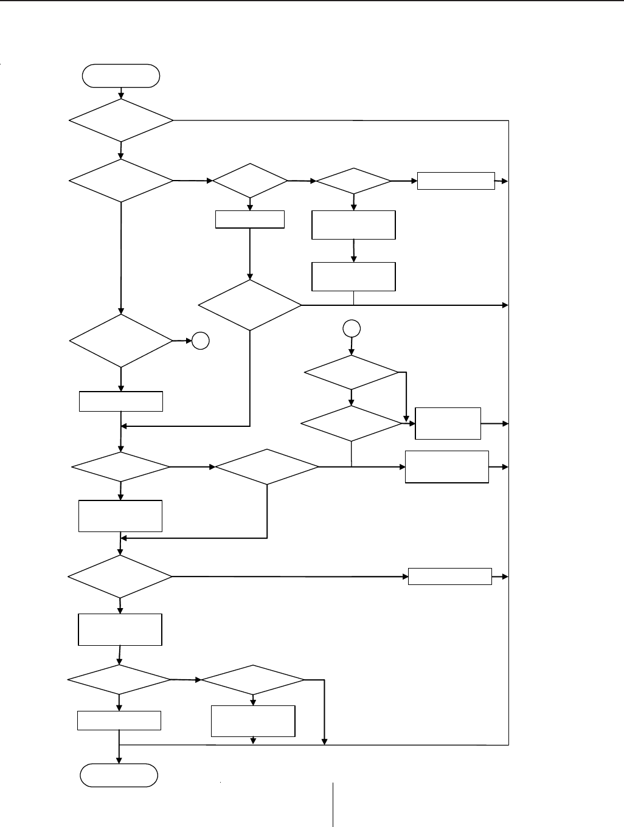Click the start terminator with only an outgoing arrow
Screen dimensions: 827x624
(x=121, y=76)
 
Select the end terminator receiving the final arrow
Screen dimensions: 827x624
(x=119, y=775)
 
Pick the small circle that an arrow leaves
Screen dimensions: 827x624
(x=352, y=329)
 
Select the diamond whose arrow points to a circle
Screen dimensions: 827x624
(x=121, y=341)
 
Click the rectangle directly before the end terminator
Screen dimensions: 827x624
(x=119, y=721)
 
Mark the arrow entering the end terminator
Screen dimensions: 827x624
(x=119, y=754)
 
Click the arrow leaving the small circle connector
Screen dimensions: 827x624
(x=352, y=346)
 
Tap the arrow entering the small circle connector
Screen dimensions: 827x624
(x=183, y=342)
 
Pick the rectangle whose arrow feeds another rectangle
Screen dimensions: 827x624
(x=353, y=225)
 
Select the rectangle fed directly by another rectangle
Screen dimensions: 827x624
(x=353, y=277)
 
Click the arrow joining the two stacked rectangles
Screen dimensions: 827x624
(x=353, y=251)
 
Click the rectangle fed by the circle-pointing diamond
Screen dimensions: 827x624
(x=121, y=401)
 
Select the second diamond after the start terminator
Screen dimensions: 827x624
(x=121, y=181)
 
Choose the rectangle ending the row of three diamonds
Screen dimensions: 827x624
(x=456, y=181)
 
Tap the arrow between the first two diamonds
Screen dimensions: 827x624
(x=121, y=150)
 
